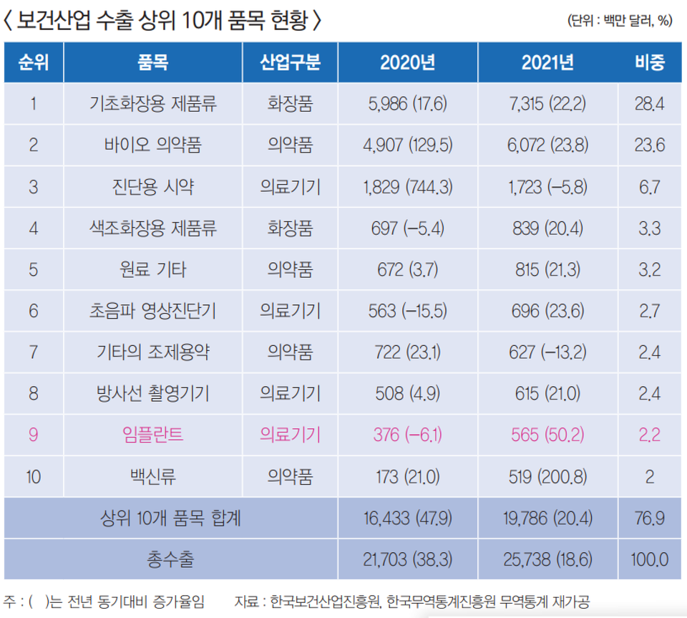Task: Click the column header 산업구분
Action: pyautogui.click(x=290, y=63)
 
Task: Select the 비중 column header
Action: pyautogui.click(x=649, y=63)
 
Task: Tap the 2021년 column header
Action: pyautogui.click(x=547, y=63)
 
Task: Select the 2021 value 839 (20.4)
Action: pyautogui.click(x=547, y=228)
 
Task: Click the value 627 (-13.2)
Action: pyautogui.click(x=547, y=352)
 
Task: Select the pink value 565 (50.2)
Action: pyautogui.click(x=547, y=434)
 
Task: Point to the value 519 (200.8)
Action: pyautogui.click(x=547, y=475)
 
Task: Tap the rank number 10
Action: pyautogui.click(x=34, y=475)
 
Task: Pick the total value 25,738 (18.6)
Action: pyautogui.click(x=547, y=559)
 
